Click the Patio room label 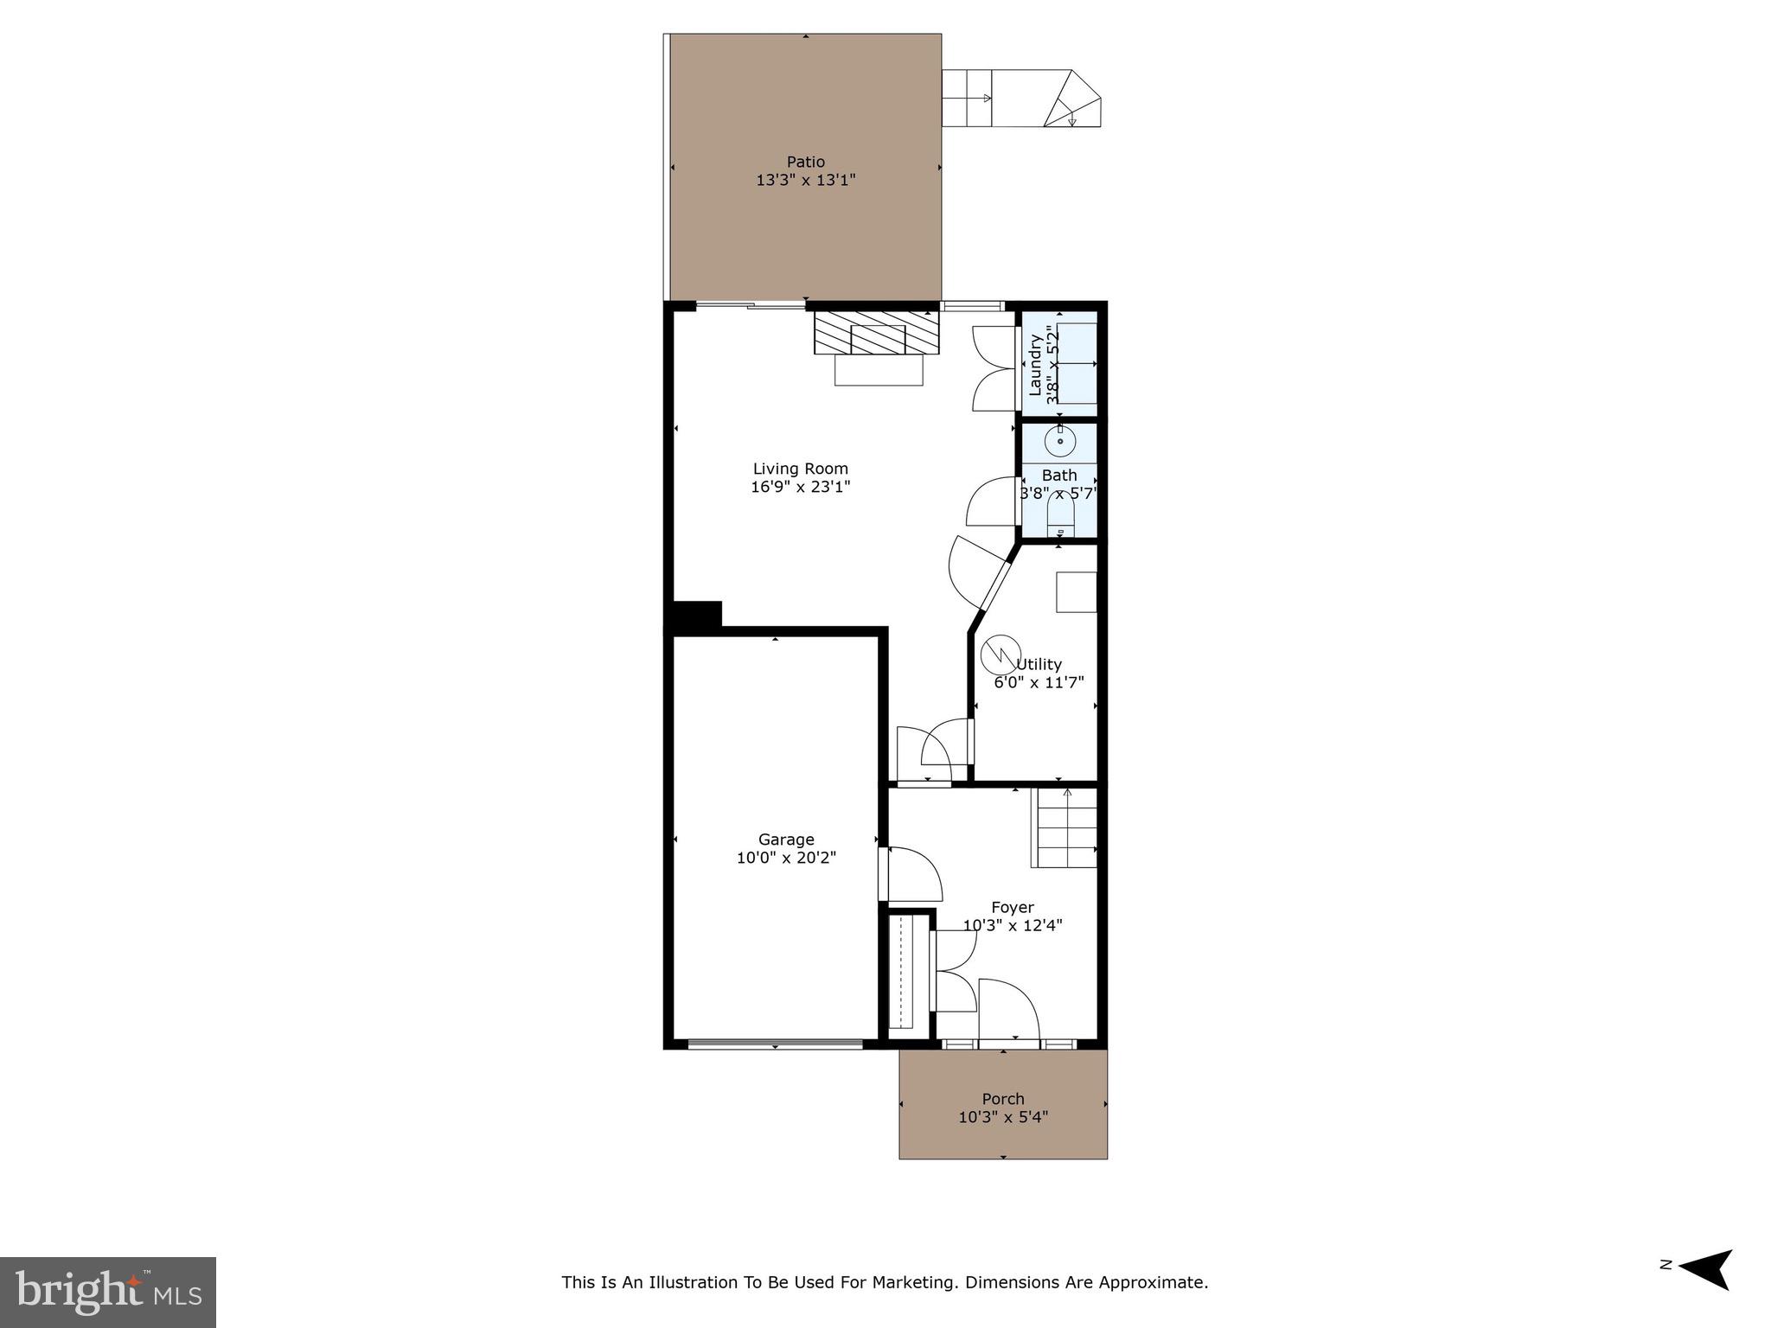click(805, 162)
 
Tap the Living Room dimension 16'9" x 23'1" click(800, 487)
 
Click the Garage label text click(786, 840)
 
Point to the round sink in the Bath click(1060, 442)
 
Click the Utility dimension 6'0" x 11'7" click(1039, 682)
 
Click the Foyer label click(1012, 907)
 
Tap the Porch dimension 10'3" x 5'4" click(1003, 1117)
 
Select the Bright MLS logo click(107, 1292)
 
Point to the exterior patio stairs click(1020, 99)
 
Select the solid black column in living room click(697, 615)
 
